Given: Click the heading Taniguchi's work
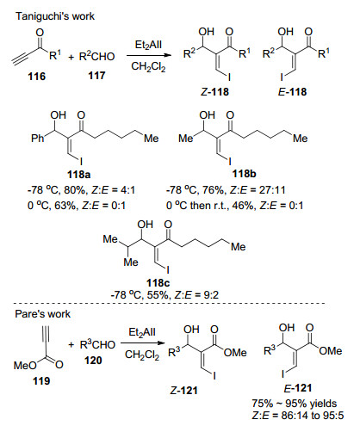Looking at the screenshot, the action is point(55,16).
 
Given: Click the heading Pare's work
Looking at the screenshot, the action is point(42,314).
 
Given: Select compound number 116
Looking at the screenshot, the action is point(37,77).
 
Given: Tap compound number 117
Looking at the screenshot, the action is point(96,76).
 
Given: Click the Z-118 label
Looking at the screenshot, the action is point(214,92).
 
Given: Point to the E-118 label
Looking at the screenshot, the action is point(293,92).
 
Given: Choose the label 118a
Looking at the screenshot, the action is point(78,174).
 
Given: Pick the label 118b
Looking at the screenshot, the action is point(244,174).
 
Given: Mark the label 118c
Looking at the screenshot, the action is point(158,283).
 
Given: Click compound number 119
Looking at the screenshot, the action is point(41,381).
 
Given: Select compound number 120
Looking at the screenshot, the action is point(93,360).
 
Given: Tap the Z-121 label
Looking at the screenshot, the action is point(184,391).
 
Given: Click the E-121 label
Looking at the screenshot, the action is point(298,388).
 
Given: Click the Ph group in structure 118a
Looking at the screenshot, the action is point(38,139).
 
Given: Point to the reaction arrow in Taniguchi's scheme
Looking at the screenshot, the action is point(149,56).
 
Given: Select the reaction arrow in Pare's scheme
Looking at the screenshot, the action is point(143,343).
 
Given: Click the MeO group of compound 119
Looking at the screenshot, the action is point(25,366).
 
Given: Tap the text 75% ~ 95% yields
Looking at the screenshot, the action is point(295,404).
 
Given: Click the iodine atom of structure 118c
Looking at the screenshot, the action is point(168,270).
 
